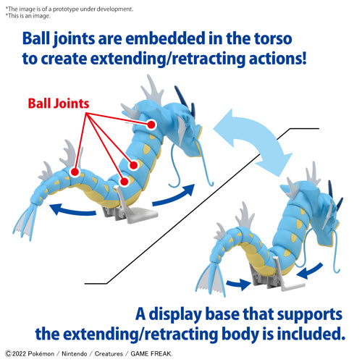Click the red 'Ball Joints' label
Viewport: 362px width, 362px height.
pyautogui.click(x=58, y=103)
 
